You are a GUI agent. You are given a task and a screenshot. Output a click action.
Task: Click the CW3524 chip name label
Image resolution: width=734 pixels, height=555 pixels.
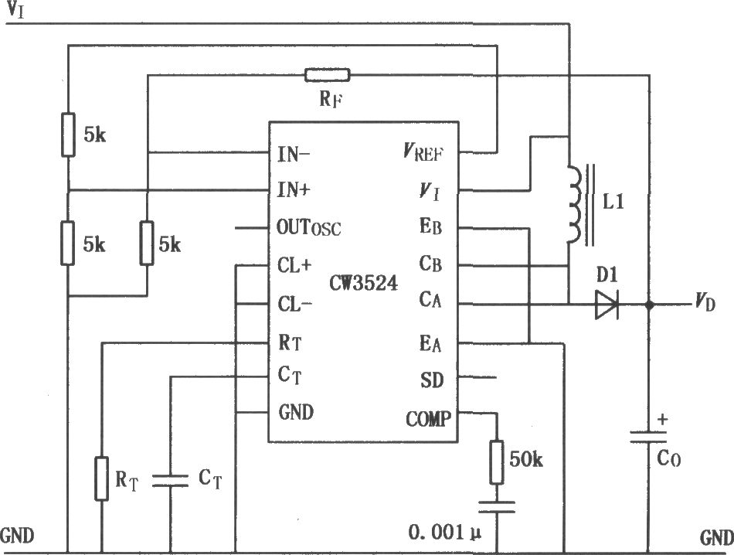(364, 283)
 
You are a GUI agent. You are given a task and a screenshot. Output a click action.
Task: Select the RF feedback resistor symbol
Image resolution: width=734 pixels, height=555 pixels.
(328, 75)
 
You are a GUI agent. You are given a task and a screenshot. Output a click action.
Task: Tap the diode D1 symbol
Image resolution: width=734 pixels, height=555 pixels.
(607, 305)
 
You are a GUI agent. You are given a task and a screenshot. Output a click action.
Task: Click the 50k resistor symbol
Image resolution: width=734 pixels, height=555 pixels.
(497, 461)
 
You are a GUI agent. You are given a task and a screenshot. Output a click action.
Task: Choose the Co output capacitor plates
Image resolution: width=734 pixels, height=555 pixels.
(648, 437)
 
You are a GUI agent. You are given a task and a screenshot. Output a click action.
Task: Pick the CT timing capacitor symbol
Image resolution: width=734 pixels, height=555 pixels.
(171, 480)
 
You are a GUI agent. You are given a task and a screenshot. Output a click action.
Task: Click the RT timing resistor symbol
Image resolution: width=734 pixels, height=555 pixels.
(101, 478)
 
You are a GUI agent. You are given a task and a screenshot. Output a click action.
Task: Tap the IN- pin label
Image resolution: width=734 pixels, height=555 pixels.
(294, 154)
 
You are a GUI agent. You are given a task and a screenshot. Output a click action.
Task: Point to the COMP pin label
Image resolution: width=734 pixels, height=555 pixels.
(428, 419)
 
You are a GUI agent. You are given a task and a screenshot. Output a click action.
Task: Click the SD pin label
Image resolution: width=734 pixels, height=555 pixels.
(432, 380)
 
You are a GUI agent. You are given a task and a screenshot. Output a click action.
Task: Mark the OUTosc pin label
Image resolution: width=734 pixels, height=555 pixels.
(308, 227)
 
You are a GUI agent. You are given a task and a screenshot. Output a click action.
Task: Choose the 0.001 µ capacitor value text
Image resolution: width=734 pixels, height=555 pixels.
(445, 532)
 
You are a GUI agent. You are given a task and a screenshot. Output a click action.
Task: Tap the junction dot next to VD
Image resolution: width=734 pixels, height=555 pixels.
(649, 305)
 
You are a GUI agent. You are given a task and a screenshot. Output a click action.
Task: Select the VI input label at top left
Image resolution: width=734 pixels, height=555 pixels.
(15, 10)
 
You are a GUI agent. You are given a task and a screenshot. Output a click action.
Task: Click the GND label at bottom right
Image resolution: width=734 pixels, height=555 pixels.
(717, 537)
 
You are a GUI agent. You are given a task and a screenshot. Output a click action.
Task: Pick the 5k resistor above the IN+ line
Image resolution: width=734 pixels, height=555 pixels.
(68, 134)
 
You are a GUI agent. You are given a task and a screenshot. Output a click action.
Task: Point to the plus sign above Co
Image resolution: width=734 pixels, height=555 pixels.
(662, 419)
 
